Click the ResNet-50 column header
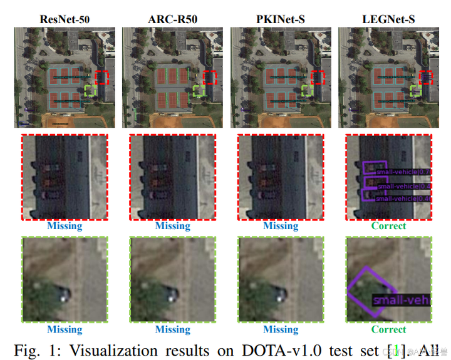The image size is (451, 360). (x=65, y=19)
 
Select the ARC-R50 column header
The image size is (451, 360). (x=172, y=19)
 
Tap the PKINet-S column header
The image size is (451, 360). (x=280, y=19)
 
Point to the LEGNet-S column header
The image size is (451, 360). (x=388, y=19)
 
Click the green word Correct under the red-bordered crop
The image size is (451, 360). (x=388, y=225)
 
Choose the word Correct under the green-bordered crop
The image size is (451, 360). (x=388, y=329)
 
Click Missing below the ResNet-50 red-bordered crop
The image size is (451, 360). (x=65, y=225)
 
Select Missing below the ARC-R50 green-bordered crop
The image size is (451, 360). (x=172, y=329)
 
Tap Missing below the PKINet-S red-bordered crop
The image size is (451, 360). (x=281, y=225)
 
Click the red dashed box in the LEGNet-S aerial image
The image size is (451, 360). (x=426, y=78)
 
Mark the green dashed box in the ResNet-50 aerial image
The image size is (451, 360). (x=90, y=91)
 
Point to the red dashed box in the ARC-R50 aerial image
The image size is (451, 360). (x=210, y=78)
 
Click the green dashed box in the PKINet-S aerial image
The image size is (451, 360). (x=307, y=91)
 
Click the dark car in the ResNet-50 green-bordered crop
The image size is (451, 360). (x=63, y=294)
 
